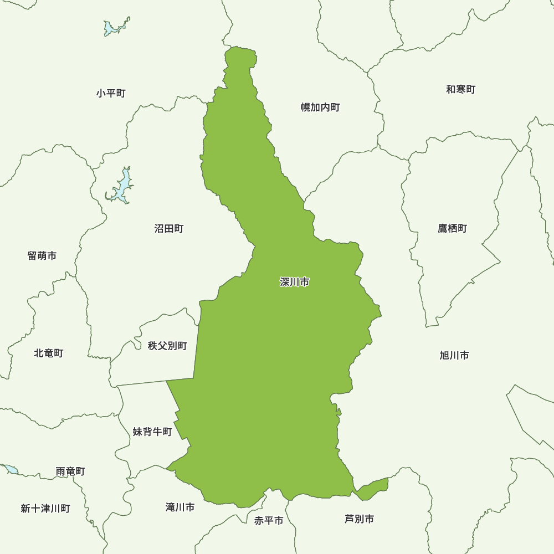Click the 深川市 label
click(294, 283)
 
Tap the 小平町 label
click(111, 93)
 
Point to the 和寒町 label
click(460, 89)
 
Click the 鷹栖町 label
click(452, 228)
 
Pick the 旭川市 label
click(454, 355)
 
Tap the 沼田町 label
click(168, 228)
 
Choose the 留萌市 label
click(42, 256)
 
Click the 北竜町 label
click(48, 353)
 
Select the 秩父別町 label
click(167, 346)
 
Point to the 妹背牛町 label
click(152, 432)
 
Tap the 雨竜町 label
click(70, 471)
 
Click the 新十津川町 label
click(45, 508)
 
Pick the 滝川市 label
click(180, 507)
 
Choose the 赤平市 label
click(269, 521)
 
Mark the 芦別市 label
click(359, 519)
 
